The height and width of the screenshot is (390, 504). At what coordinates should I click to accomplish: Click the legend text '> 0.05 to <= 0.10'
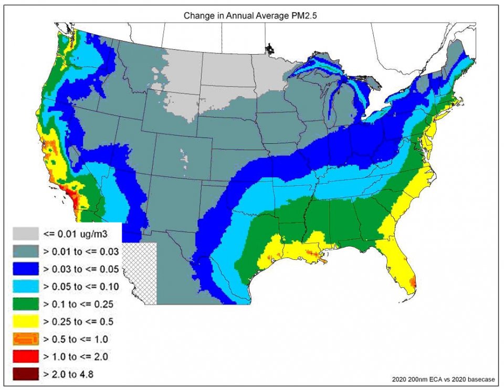tap(81, 286)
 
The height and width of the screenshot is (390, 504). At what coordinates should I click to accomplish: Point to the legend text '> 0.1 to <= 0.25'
tap(79, 304)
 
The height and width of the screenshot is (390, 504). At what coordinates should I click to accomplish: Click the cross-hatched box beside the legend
tap(141, 273)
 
